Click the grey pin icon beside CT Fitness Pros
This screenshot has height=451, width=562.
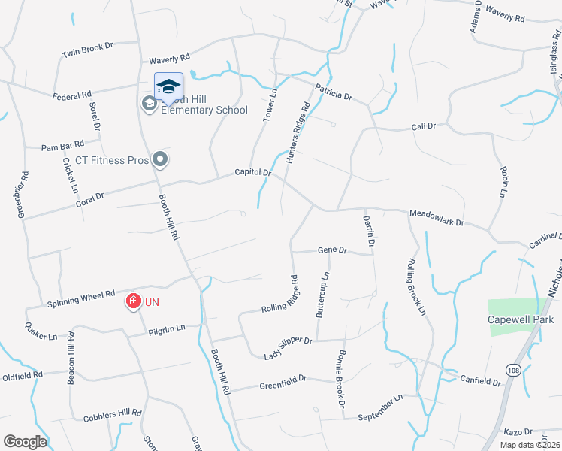pyautogui.click(x=159, y=159)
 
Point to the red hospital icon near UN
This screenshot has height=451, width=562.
pyautogui.click(x=133, y=302)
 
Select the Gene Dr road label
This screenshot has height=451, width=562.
pyautogui.click(x=331, y=250)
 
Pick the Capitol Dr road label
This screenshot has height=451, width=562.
pyautogui.click(x=252, y=172)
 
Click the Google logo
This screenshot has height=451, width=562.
pyautogui.click(x=25, y=442)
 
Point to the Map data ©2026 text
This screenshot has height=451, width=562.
pyautogui.click(x=529, y=445)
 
